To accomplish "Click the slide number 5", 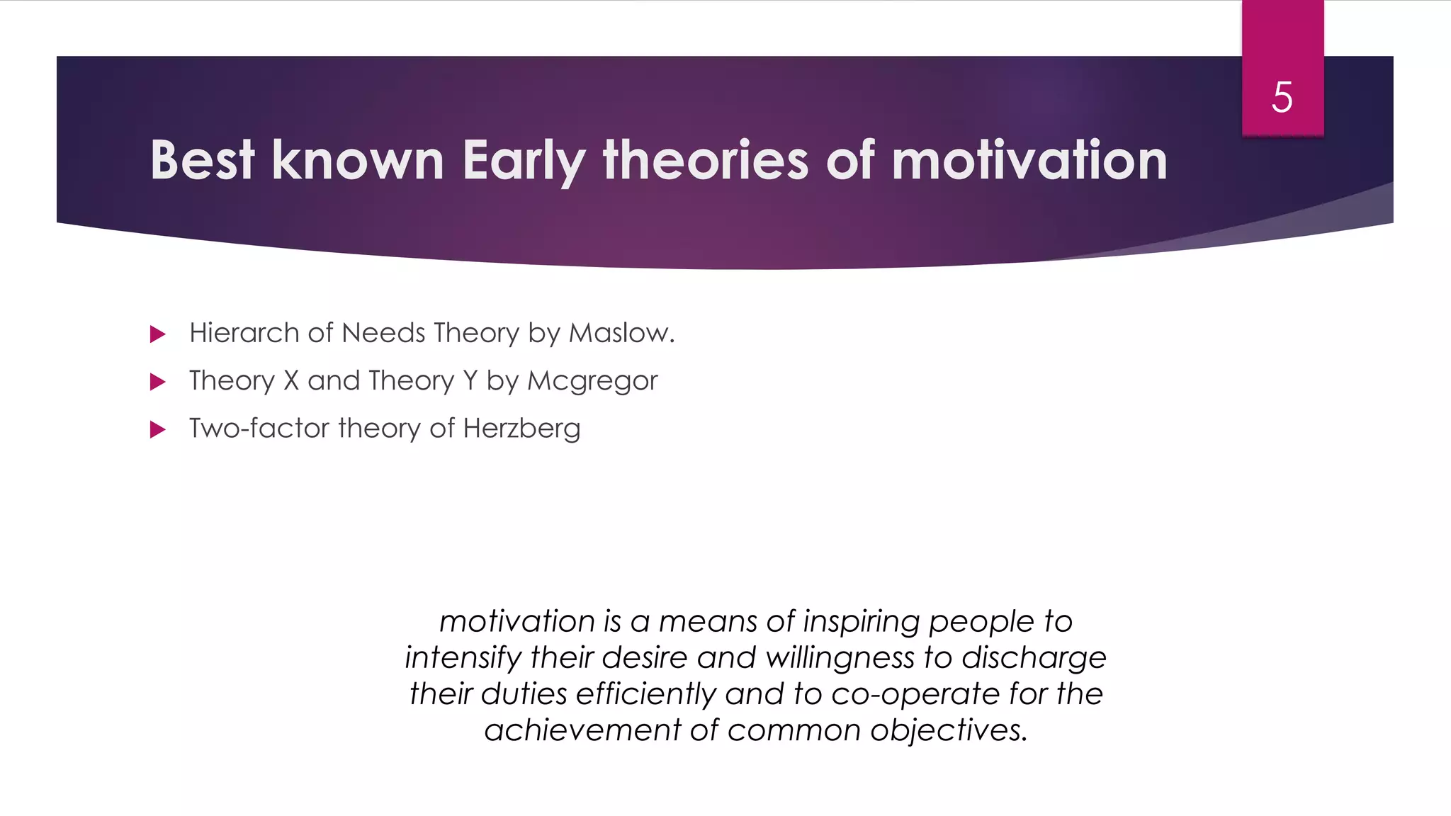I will click(x=1282, y=97).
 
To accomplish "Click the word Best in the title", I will click(x=202, y=160).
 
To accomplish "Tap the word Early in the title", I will click(x=524, y=161).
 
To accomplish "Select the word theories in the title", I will click(x=705, y=160).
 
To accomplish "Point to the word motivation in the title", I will click(x=1029, y=160).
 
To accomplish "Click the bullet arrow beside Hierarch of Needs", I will click(x=158, y=334).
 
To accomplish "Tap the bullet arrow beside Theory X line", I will click(x=158, y=382).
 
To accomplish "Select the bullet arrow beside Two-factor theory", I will click(x=158, y=430).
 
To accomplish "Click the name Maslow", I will click(x=621, y=333).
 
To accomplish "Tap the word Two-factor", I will click(x=259, y=429).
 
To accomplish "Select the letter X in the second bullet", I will click(x=291, y=381).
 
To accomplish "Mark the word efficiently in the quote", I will click(x=645, y=694).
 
